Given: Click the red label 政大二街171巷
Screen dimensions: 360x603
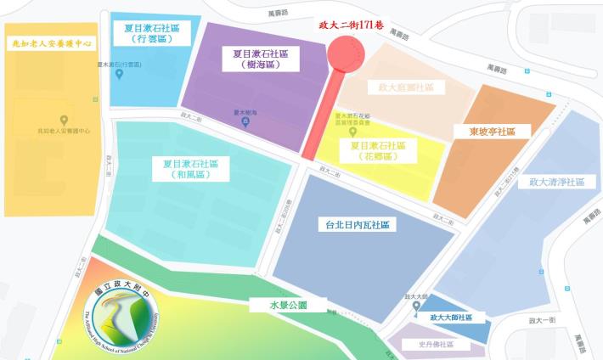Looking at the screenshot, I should pyautogui.click(x=350, y=26).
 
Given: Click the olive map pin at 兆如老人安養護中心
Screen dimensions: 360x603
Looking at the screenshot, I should pyautogui.click(x=64, y=119).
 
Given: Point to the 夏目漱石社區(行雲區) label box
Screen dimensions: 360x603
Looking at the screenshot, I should pyautogui.click(x=153, y=33).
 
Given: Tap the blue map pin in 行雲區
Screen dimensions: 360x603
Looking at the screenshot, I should pyautogui.click(x=119, y=74).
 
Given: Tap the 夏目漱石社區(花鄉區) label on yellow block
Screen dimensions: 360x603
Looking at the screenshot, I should pyautogui.click(x=378, y=151).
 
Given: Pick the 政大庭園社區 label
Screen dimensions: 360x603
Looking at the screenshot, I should pyautogui.click(x=406, y=87).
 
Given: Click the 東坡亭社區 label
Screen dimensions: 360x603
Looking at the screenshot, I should pyautogui.click(x=499, y=132).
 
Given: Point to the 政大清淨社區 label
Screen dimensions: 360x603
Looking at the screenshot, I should pyautogui.click(x=556, y=183).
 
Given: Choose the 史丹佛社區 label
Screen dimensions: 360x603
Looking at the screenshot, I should pyautogui.click(x=437, y=345).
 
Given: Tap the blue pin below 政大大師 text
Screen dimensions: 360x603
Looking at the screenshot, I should pyautogui.click(x=416, y=307).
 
